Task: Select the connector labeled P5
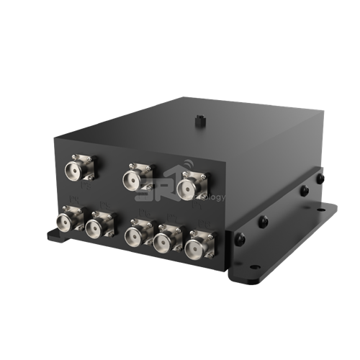coord(96,228)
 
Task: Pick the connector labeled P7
coord(168,240)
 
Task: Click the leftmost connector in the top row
coord(76,171)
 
